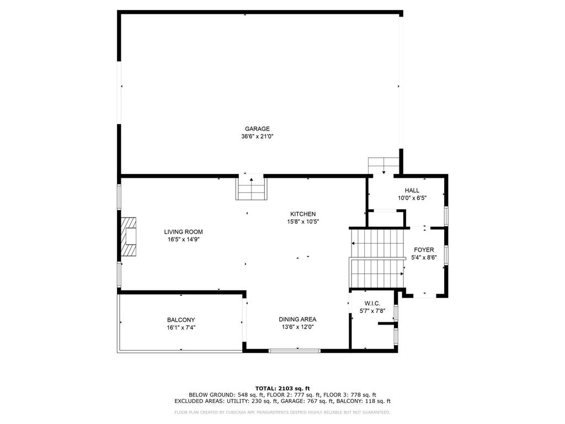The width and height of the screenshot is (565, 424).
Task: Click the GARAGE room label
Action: click(x=257, y=129)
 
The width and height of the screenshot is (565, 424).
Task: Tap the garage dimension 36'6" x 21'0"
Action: click(x=257, y=137)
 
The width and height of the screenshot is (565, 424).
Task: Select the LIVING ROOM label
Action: click(x=183, y=232)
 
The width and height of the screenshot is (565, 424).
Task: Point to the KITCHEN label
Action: click(x=303, y=214)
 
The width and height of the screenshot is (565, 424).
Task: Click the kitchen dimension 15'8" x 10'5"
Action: click(x=303, y=222)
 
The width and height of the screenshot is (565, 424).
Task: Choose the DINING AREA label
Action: click(x=297, y=320)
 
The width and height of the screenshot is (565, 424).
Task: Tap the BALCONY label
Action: click(x=181, y=320)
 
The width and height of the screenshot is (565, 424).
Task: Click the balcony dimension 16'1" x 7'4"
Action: click(x=181, y=328)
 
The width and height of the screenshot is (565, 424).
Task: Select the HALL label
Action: click(x=412, y=190)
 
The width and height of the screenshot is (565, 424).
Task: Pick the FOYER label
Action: click(x=424, y=250)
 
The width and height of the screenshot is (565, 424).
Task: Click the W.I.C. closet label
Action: click(x=372, y=304)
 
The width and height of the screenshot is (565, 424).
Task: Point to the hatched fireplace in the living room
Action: click(x=129, y=236)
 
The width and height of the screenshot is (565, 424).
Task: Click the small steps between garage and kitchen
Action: click(x=252, y=188)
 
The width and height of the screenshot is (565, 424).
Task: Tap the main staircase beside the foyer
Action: click(x=376, y=258)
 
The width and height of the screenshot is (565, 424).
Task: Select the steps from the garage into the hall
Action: click(x=384, y=166)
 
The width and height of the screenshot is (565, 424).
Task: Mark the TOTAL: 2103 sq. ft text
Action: click(x=282, y=388)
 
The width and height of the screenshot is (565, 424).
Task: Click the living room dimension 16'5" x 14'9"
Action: click(x=183, y=240)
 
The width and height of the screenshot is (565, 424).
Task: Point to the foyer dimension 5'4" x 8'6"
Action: click(x=424, y=258)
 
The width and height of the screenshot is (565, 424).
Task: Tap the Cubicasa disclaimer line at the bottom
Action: click(x=282, y=412)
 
